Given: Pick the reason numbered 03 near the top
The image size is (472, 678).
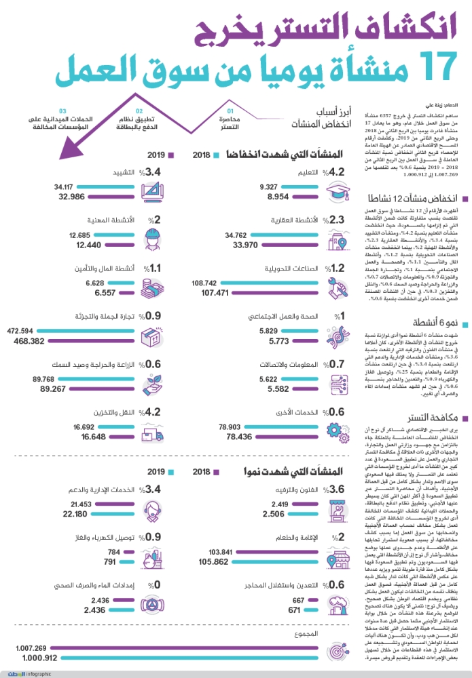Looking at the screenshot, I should point(61,119).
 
